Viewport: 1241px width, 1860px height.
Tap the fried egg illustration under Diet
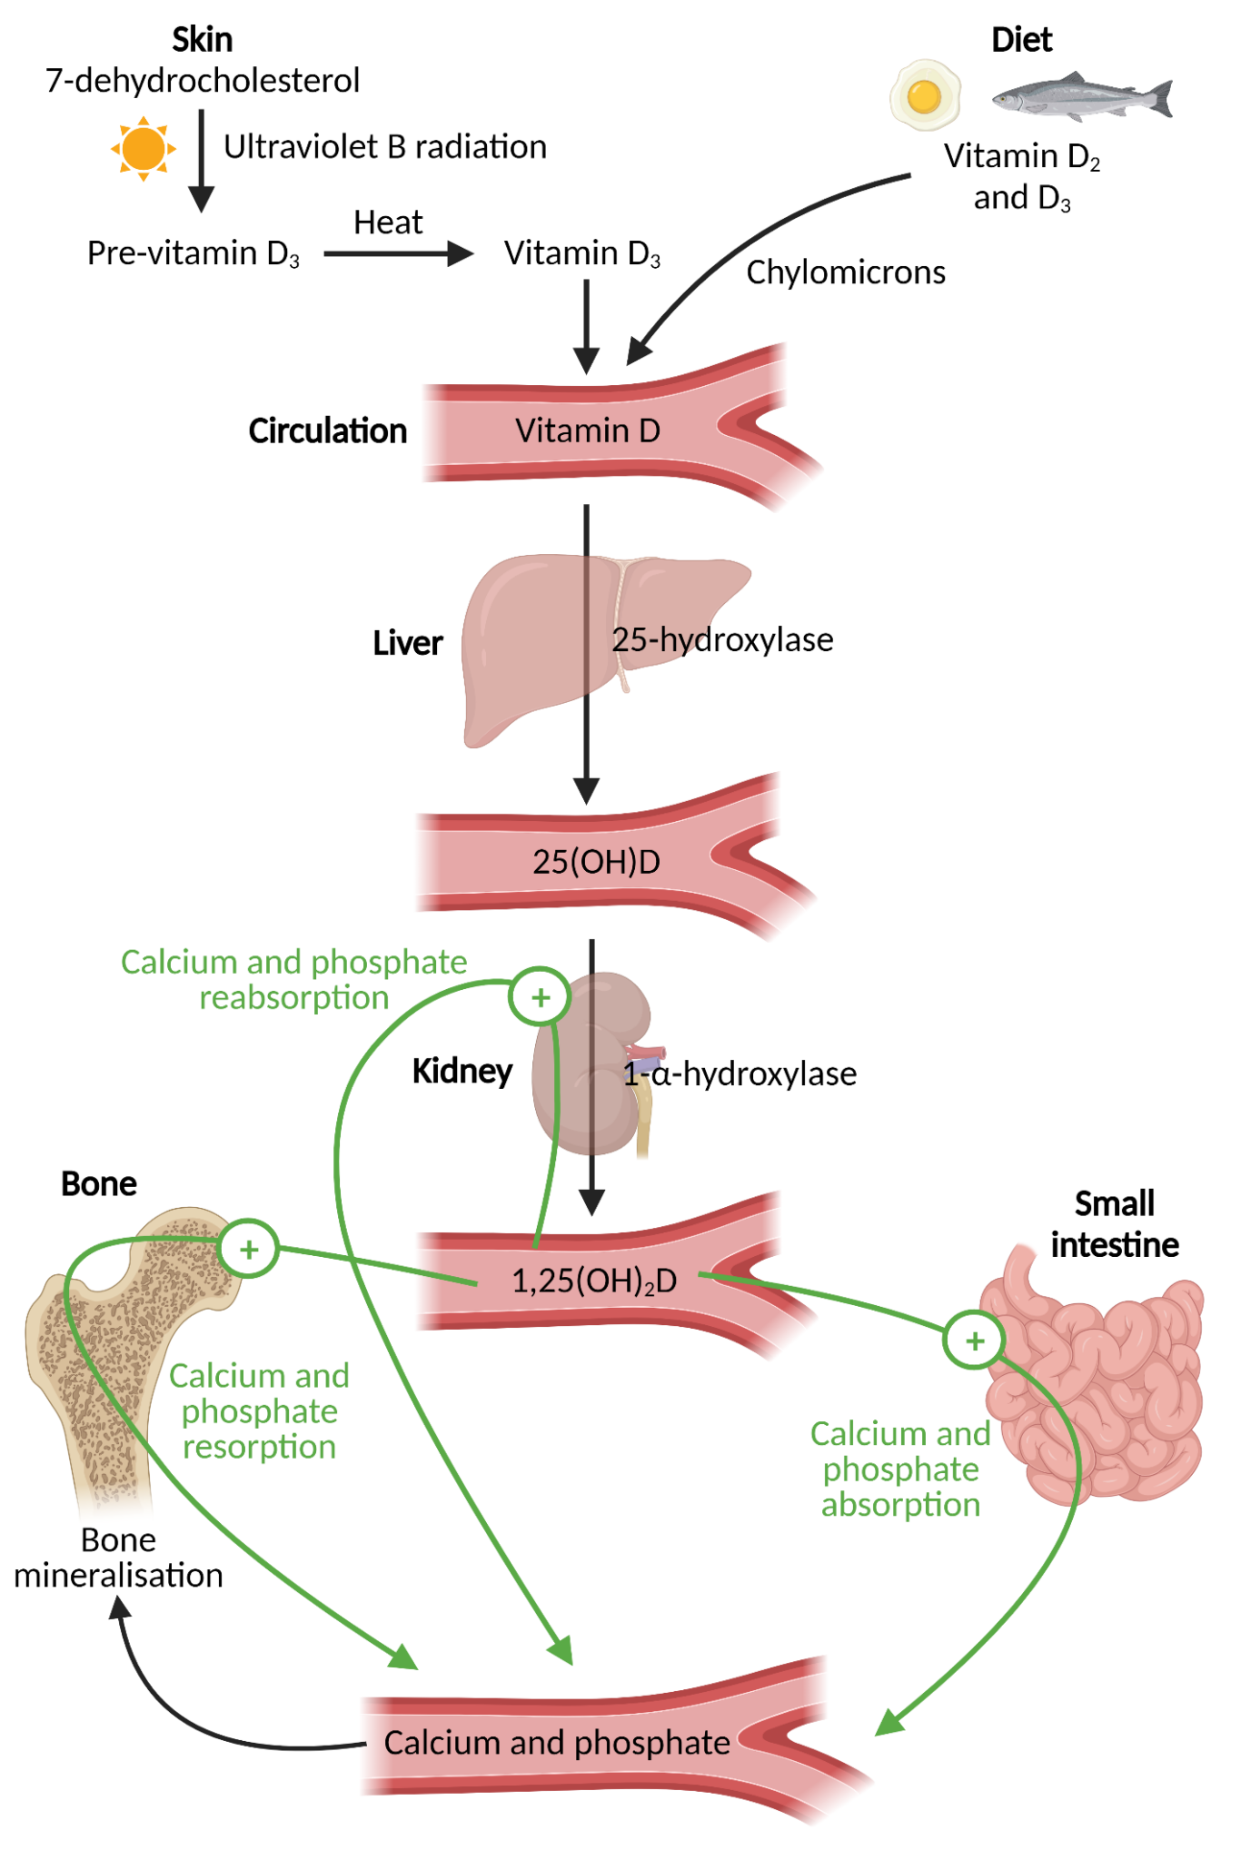pos(925,94)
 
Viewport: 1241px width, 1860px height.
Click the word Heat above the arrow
pos(388,223)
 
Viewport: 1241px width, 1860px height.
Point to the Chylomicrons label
pos(845,272)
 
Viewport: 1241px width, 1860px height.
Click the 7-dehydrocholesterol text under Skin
pos(203,81)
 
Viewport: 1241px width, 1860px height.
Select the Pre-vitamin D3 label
pos(193,253)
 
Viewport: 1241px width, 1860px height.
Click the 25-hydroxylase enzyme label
pos(722,640)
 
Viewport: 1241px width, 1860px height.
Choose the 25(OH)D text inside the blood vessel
pos(596,861)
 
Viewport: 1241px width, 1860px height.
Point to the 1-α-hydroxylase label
pos(740,1074)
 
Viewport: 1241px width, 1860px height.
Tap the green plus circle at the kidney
pos(541,997)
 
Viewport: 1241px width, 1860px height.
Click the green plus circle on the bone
pos(249,1250)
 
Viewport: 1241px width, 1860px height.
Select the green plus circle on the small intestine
pos(974,1341)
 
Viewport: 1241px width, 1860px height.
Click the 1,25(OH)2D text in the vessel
pos(594,1281)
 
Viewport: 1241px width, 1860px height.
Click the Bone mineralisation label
pos(118,1558)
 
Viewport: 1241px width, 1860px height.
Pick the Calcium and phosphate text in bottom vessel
pos(556,1743)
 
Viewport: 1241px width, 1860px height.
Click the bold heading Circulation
pos(327,431)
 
